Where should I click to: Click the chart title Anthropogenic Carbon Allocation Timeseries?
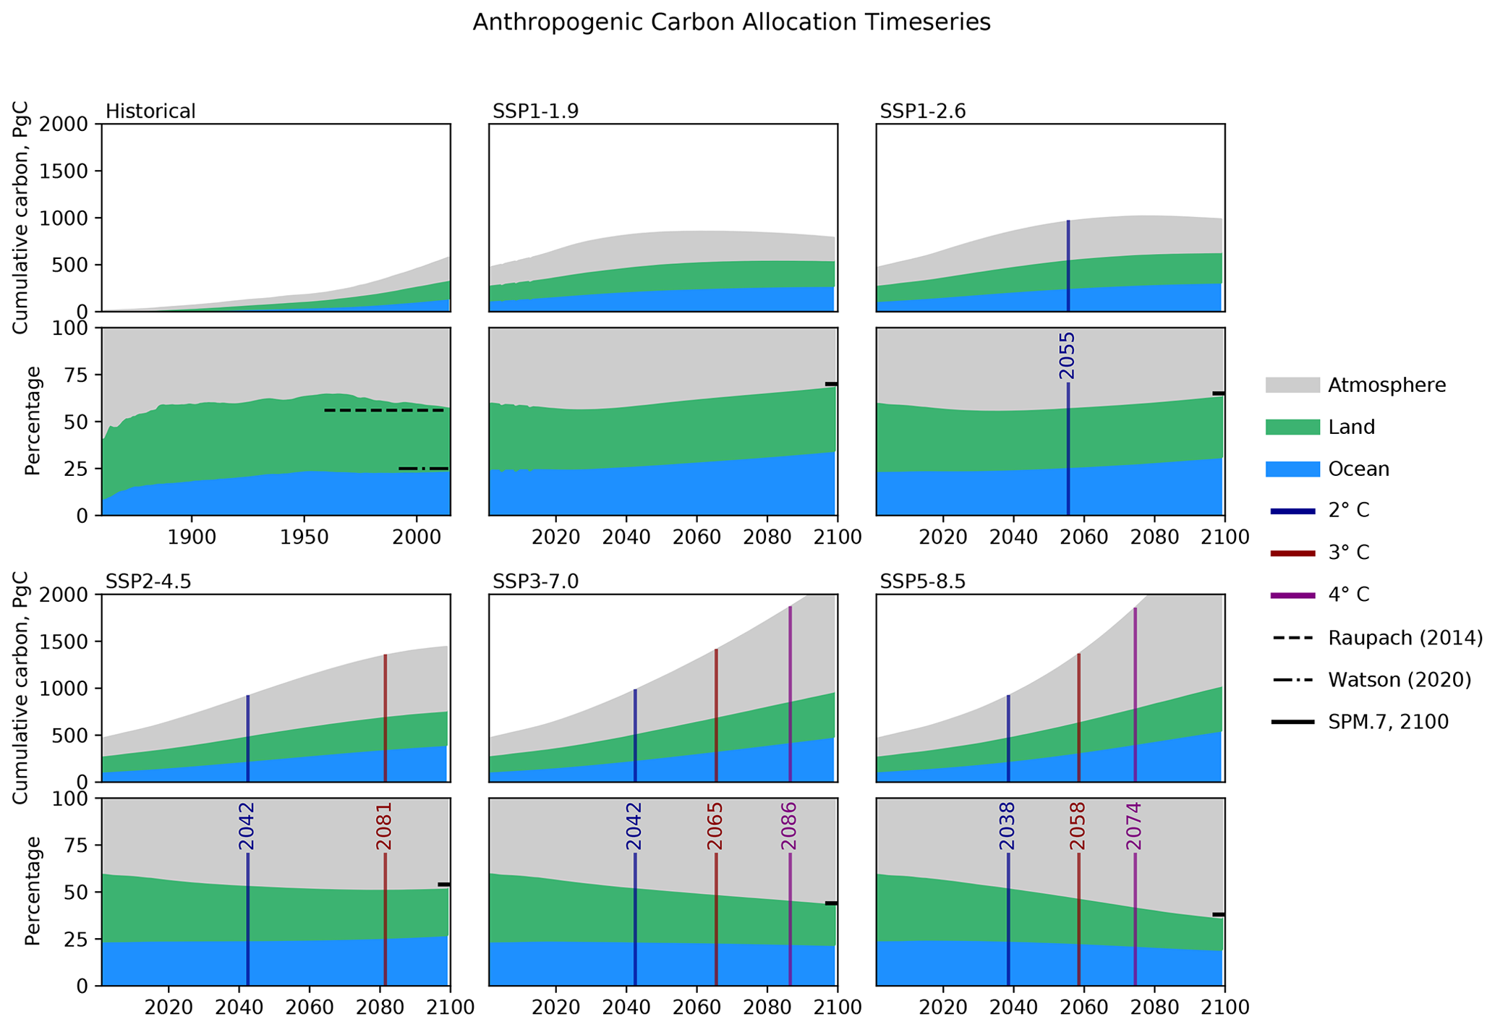pyautogui.click(x=731, y=23)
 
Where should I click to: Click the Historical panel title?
pyautogui.click(x=150, y=111)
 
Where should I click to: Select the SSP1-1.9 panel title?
pyautogui.click(x=535, y=111)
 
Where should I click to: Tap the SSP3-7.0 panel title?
pyautogui.click(x=535, y=581)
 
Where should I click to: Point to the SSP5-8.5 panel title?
pyautogui.click(x=922, y=581)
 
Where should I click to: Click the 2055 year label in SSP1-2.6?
pyautogui.click(x=1067, y=356)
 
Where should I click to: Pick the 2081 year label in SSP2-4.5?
pyautogui.click(x=384, y=826)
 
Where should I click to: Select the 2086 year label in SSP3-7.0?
pyautogui.click(x=789, y=826)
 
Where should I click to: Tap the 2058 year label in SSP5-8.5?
pyautogui.click(x=1078, y=826)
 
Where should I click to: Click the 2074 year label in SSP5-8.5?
pyautogui.click(x=1133, y=826)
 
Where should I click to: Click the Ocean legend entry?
pyautogui.click(x=1358, y=469)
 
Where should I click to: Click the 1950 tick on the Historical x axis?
pyautogui.click(x=304, y=538)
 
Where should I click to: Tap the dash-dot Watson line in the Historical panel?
pyautogui.click(x=424, y=469)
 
